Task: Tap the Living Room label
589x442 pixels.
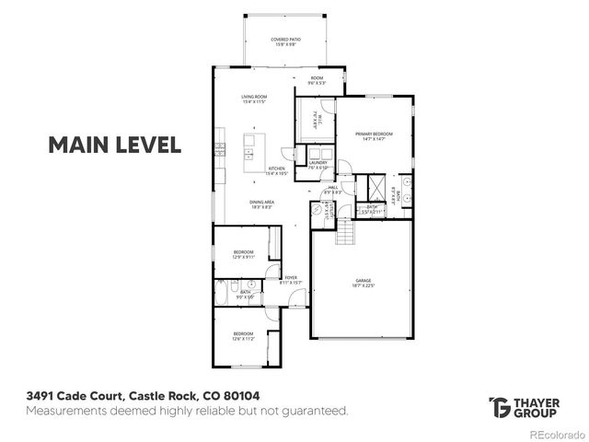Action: click(253, 99)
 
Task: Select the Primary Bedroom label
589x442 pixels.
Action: click(375, 137)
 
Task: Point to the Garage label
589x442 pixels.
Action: click(363, 283)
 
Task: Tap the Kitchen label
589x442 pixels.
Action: click(277, 170)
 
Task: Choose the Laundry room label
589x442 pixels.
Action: click(318, 165)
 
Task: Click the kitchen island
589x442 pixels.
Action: click(249, 147)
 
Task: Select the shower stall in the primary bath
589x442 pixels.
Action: click(375, 185)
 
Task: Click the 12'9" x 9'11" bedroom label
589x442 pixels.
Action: click(243, 254)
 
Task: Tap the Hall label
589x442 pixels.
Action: click(333, 189)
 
